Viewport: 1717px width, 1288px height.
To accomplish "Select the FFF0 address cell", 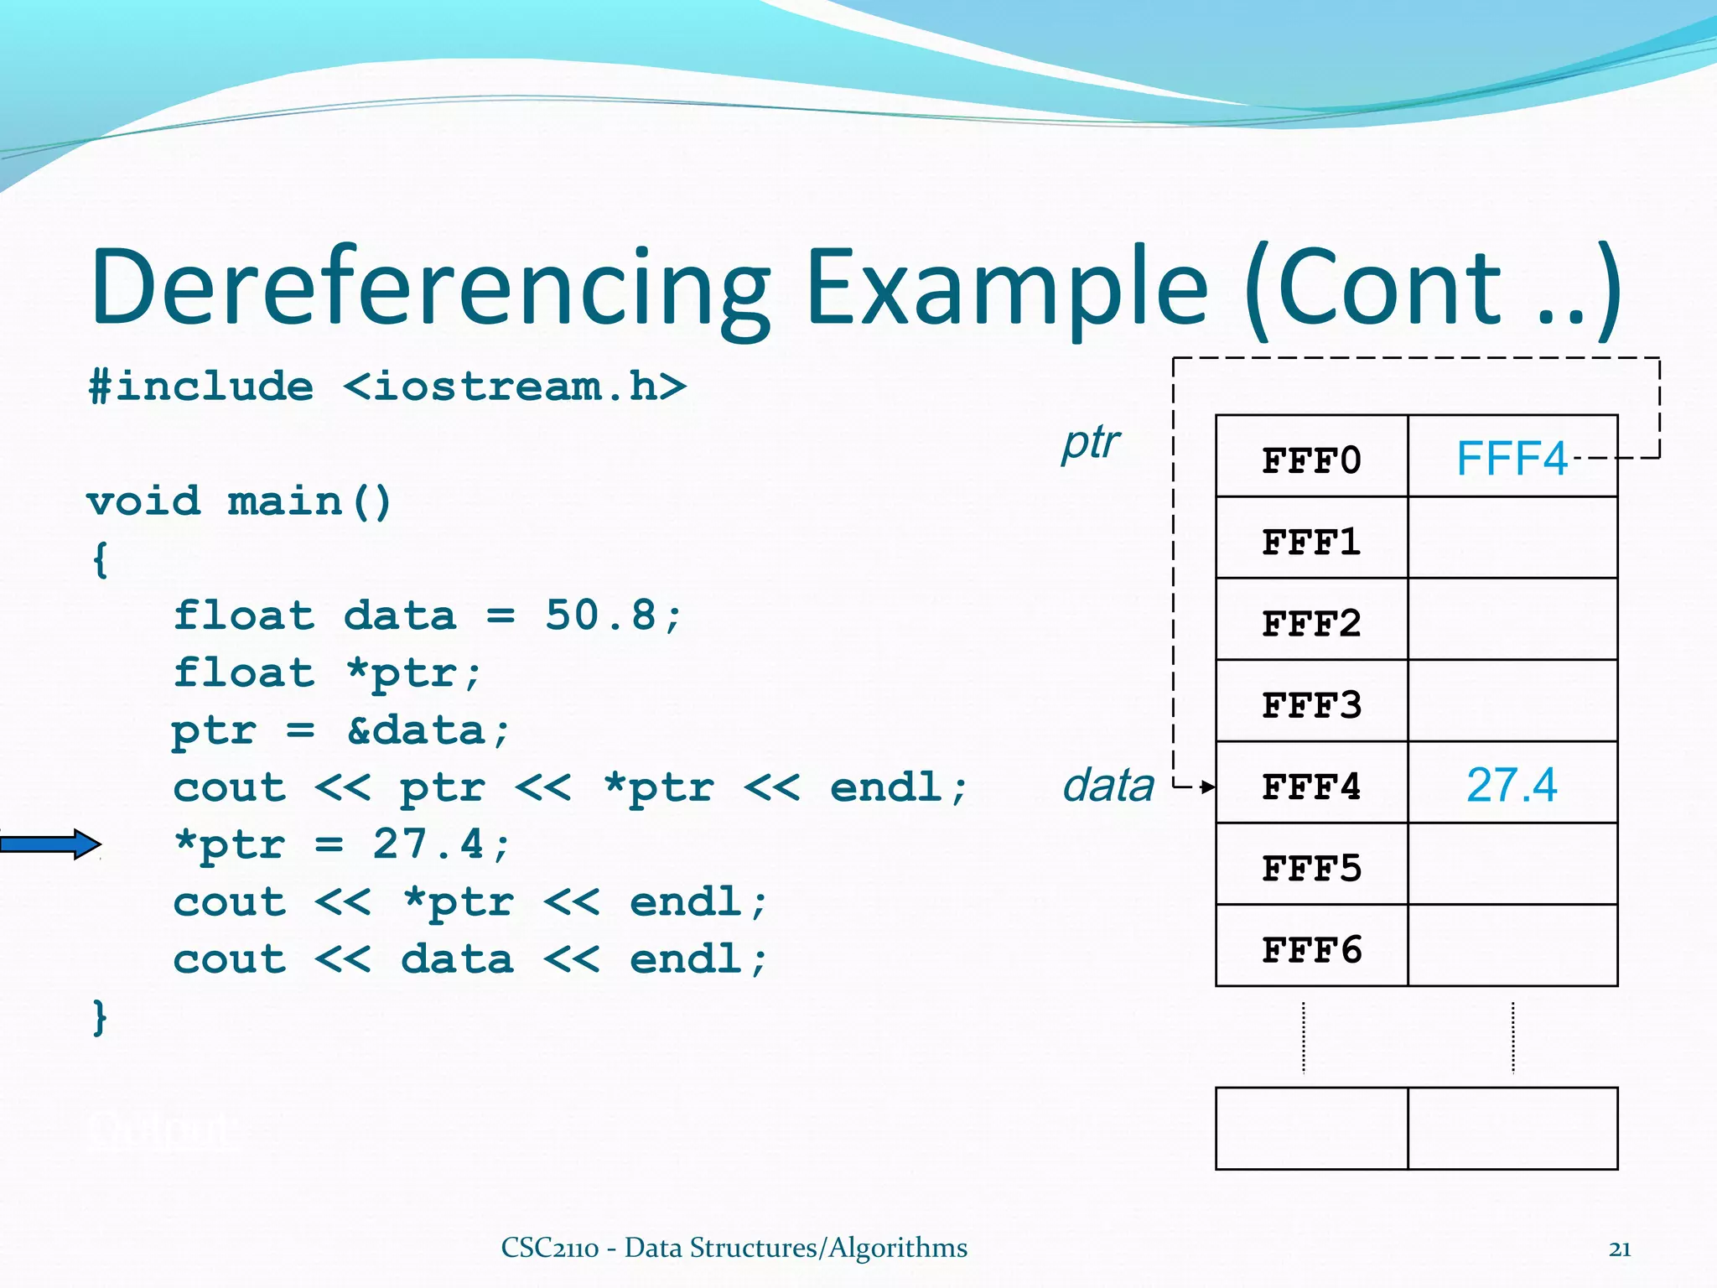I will [1311, 460].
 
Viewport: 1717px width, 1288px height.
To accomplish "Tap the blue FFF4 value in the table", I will [1511, 458].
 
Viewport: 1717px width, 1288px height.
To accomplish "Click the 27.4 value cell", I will [1511, 785].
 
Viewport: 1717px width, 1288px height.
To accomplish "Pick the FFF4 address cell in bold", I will [1311, 787].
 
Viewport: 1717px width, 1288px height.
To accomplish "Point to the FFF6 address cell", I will [1311, 949].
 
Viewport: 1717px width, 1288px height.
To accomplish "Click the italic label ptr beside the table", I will [1090, 443].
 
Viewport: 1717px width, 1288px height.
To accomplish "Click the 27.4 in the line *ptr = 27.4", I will [428, 844].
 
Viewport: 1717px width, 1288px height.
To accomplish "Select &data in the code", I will [417, 730].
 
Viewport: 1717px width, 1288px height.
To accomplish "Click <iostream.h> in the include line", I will [515, 387].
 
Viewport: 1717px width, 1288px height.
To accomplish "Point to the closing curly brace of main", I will [100, 1016].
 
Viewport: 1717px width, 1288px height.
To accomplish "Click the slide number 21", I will [1620, 1249].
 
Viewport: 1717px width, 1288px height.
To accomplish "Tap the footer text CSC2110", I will [550, 1248].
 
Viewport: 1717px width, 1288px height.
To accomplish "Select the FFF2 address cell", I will [1311, 623].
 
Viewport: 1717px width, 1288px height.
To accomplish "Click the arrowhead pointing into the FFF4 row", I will [1207, 787].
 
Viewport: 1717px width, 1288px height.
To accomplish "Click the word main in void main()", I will [285, 501].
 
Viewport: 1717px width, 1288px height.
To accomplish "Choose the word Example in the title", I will [1006, 288].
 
